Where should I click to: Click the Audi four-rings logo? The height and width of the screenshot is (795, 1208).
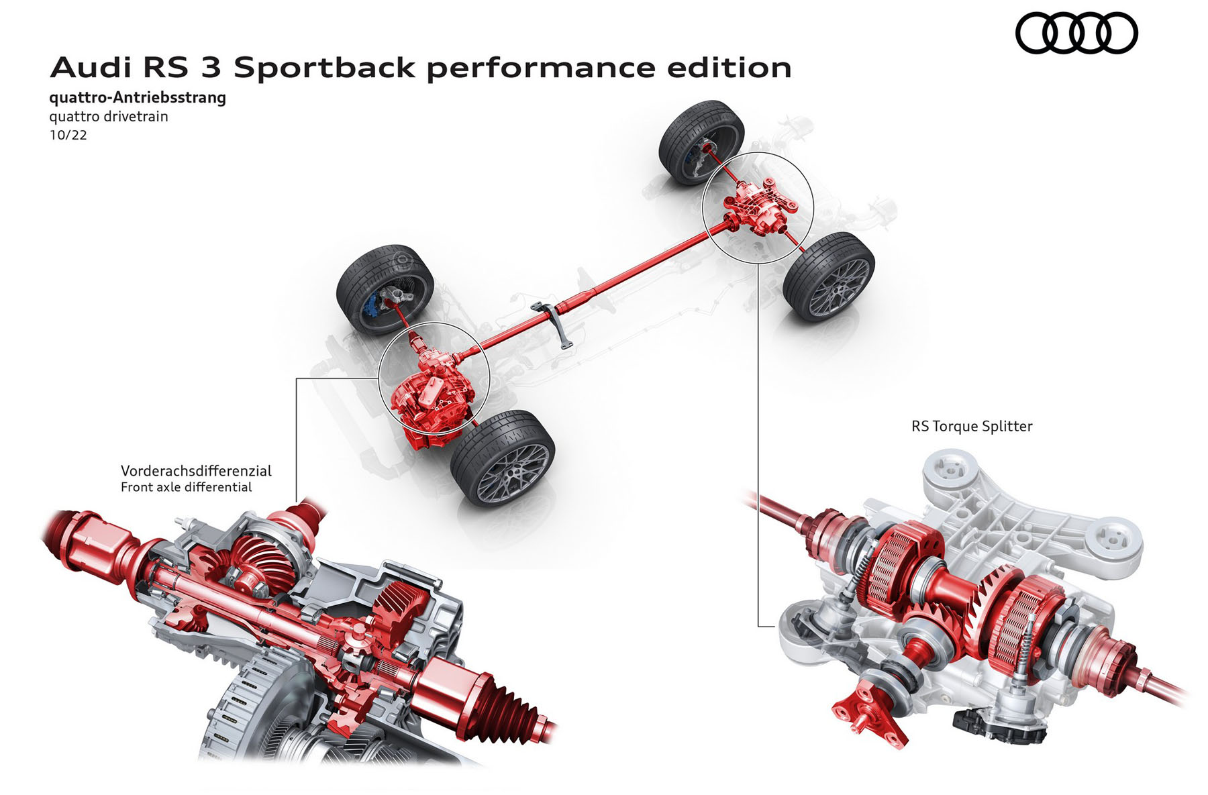[x=1076, y=34]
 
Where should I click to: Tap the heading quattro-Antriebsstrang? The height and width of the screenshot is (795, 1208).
[x=138, y=98]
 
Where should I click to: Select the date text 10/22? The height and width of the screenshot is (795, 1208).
[x=68, y=135]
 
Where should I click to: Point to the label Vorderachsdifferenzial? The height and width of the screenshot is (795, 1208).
[x=196, y=470]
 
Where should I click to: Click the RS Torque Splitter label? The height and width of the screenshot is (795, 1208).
[x=971, y=426]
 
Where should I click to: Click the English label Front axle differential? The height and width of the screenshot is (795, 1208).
[x=186, y=487]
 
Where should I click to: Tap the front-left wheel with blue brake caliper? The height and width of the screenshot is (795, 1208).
[x=385, y=288]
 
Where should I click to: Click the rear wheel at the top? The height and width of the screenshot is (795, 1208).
[x=701, y=142]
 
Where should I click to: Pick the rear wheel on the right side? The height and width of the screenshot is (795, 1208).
[x=829, y=276]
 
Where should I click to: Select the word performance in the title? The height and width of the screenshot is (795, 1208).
[x=541, y=68]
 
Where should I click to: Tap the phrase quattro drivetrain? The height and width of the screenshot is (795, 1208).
[x=109, y=117]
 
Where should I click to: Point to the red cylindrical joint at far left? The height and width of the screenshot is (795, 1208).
[x=101, y=537]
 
